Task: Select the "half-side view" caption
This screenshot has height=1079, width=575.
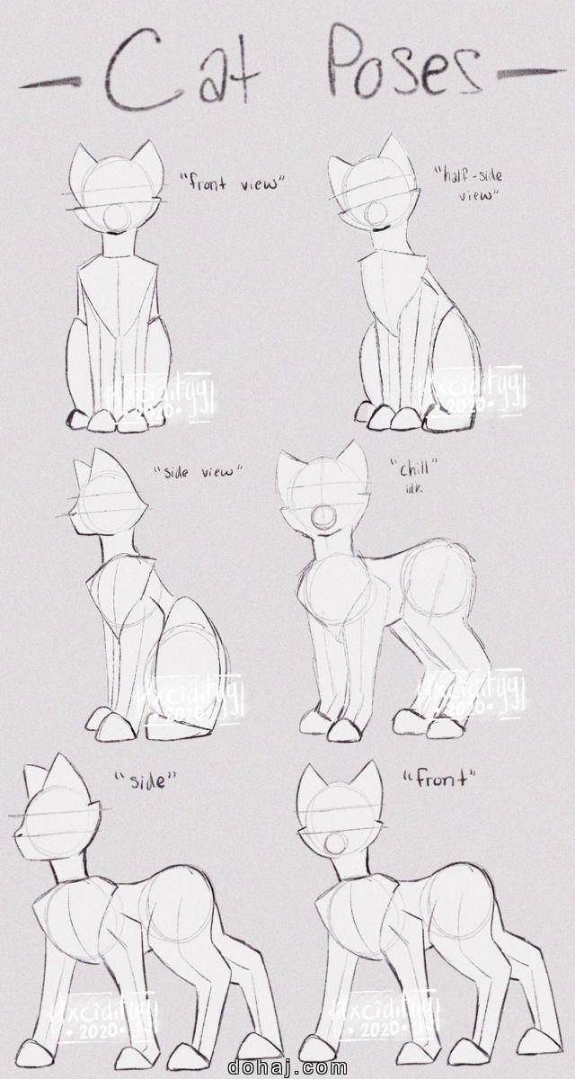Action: click(x=466, y=184)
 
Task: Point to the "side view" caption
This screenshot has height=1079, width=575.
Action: click(x=198, y=472)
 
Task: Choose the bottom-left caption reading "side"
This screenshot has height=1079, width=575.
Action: click(x=142, y=780)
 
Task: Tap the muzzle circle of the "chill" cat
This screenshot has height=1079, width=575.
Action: click(x=322, y=520)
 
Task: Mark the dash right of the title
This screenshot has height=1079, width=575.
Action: click(x=526, y=72)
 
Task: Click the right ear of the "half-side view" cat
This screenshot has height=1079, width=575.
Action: click(x=393, y=153)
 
